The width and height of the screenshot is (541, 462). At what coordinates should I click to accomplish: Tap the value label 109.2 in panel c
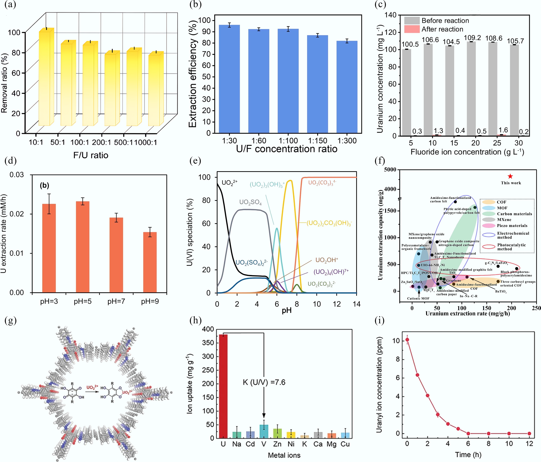(x=472, y=38)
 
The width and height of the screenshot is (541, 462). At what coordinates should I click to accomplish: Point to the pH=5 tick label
(x=82, y=301)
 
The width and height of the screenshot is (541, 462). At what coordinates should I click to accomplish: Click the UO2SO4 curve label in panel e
(x=250, y=202)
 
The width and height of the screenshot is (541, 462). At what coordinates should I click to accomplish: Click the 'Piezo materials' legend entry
(x=512, y=226)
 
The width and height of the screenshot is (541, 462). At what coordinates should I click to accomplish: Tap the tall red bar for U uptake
(x=223, y=386)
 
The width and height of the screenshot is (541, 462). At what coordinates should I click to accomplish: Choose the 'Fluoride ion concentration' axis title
(x=467, y=152)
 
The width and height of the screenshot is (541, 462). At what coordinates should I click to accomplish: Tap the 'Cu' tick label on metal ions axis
(x=345, y=444)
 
